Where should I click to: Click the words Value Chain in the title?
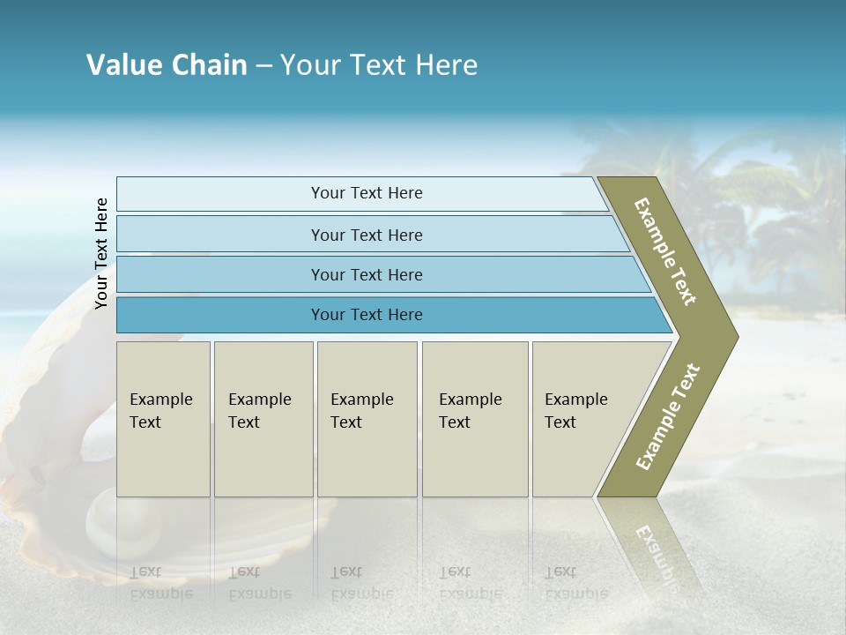167,65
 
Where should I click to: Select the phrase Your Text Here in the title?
379,65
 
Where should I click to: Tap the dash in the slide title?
263,66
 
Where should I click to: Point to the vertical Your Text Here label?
101,253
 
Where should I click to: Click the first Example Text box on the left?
163,419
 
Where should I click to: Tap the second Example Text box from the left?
263,419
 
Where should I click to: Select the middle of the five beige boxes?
367,419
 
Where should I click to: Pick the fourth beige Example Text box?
475,419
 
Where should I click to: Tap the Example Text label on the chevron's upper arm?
665,251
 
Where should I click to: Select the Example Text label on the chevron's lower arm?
668,416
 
